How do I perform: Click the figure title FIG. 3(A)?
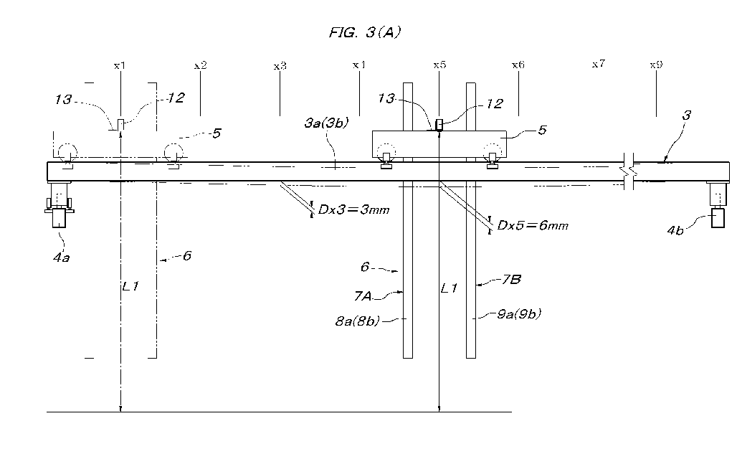364,32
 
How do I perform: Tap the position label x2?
200,65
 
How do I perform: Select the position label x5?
439,65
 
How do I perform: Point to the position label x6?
518,65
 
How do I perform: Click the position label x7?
599,63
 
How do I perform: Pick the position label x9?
656,65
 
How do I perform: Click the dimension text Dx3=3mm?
354,209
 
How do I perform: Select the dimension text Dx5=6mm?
533,226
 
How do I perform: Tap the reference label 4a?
61,257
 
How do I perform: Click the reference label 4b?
675,230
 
